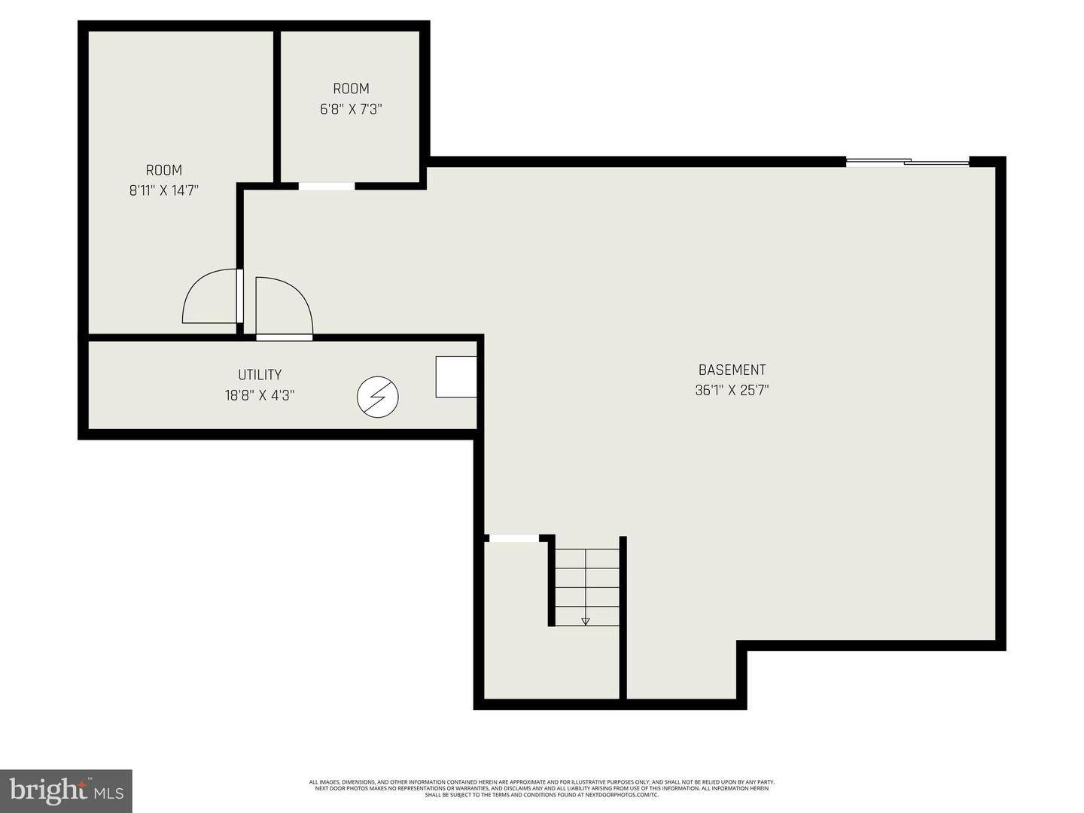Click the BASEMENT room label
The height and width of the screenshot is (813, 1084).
[x=732, y=370]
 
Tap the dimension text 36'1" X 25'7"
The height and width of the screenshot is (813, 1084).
[x=732, y=390]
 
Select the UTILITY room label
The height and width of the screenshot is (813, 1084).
[x=260, y=374]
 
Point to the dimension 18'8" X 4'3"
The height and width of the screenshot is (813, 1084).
[x=260, y=394]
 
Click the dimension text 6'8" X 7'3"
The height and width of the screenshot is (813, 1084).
[x=351, y=108]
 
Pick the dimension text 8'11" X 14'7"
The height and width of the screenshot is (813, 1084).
[x=163, y=190]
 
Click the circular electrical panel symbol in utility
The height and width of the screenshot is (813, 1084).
[x=377, y=396]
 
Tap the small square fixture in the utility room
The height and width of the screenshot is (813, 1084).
[x=456, y=376]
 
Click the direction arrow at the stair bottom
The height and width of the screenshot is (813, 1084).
[x=586, y=621]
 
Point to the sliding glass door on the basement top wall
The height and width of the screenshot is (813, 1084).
[x=907, y=161]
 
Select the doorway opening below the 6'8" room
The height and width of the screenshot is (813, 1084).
[x=327, y=186]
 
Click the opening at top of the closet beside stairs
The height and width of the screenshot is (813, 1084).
[x=513, y=537]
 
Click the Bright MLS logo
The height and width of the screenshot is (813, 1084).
[x=66, y=790]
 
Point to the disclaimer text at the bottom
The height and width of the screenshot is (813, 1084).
[x=542, y=788]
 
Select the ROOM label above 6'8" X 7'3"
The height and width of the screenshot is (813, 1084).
[x=351, y=88]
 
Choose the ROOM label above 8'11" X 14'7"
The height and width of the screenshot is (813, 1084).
[x=163, y=170]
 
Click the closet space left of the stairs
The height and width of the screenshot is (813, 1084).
[x=516, y=625]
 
